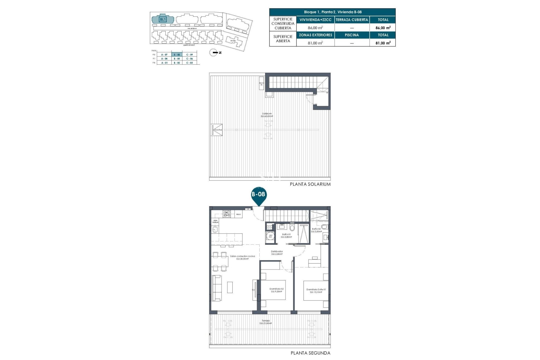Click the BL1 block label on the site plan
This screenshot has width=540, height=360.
[x=163, y=19]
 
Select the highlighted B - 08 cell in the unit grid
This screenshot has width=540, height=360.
[x=177, y=55]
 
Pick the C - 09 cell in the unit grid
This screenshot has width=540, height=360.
[x=190, y=55]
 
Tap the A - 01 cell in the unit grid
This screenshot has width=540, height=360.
[x=164, y=63]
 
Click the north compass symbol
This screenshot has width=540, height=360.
[x=214, y=53]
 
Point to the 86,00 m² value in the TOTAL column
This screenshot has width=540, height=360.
[x=383, y=28]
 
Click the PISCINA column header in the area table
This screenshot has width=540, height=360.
[x=352, y=35]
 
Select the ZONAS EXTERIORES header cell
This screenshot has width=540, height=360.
[x=315, y=35]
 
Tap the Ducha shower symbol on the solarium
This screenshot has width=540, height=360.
[x=217, y=130]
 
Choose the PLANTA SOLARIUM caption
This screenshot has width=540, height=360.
[x=310, y=184]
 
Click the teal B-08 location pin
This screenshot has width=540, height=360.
[x=258, y=195]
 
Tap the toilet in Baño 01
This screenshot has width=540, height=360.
[x=292, y=227]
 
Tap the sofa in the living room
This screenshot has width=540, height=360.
[x=217, y=288]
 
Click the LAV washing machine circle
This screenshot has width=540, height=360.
[x=271, y=236]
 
